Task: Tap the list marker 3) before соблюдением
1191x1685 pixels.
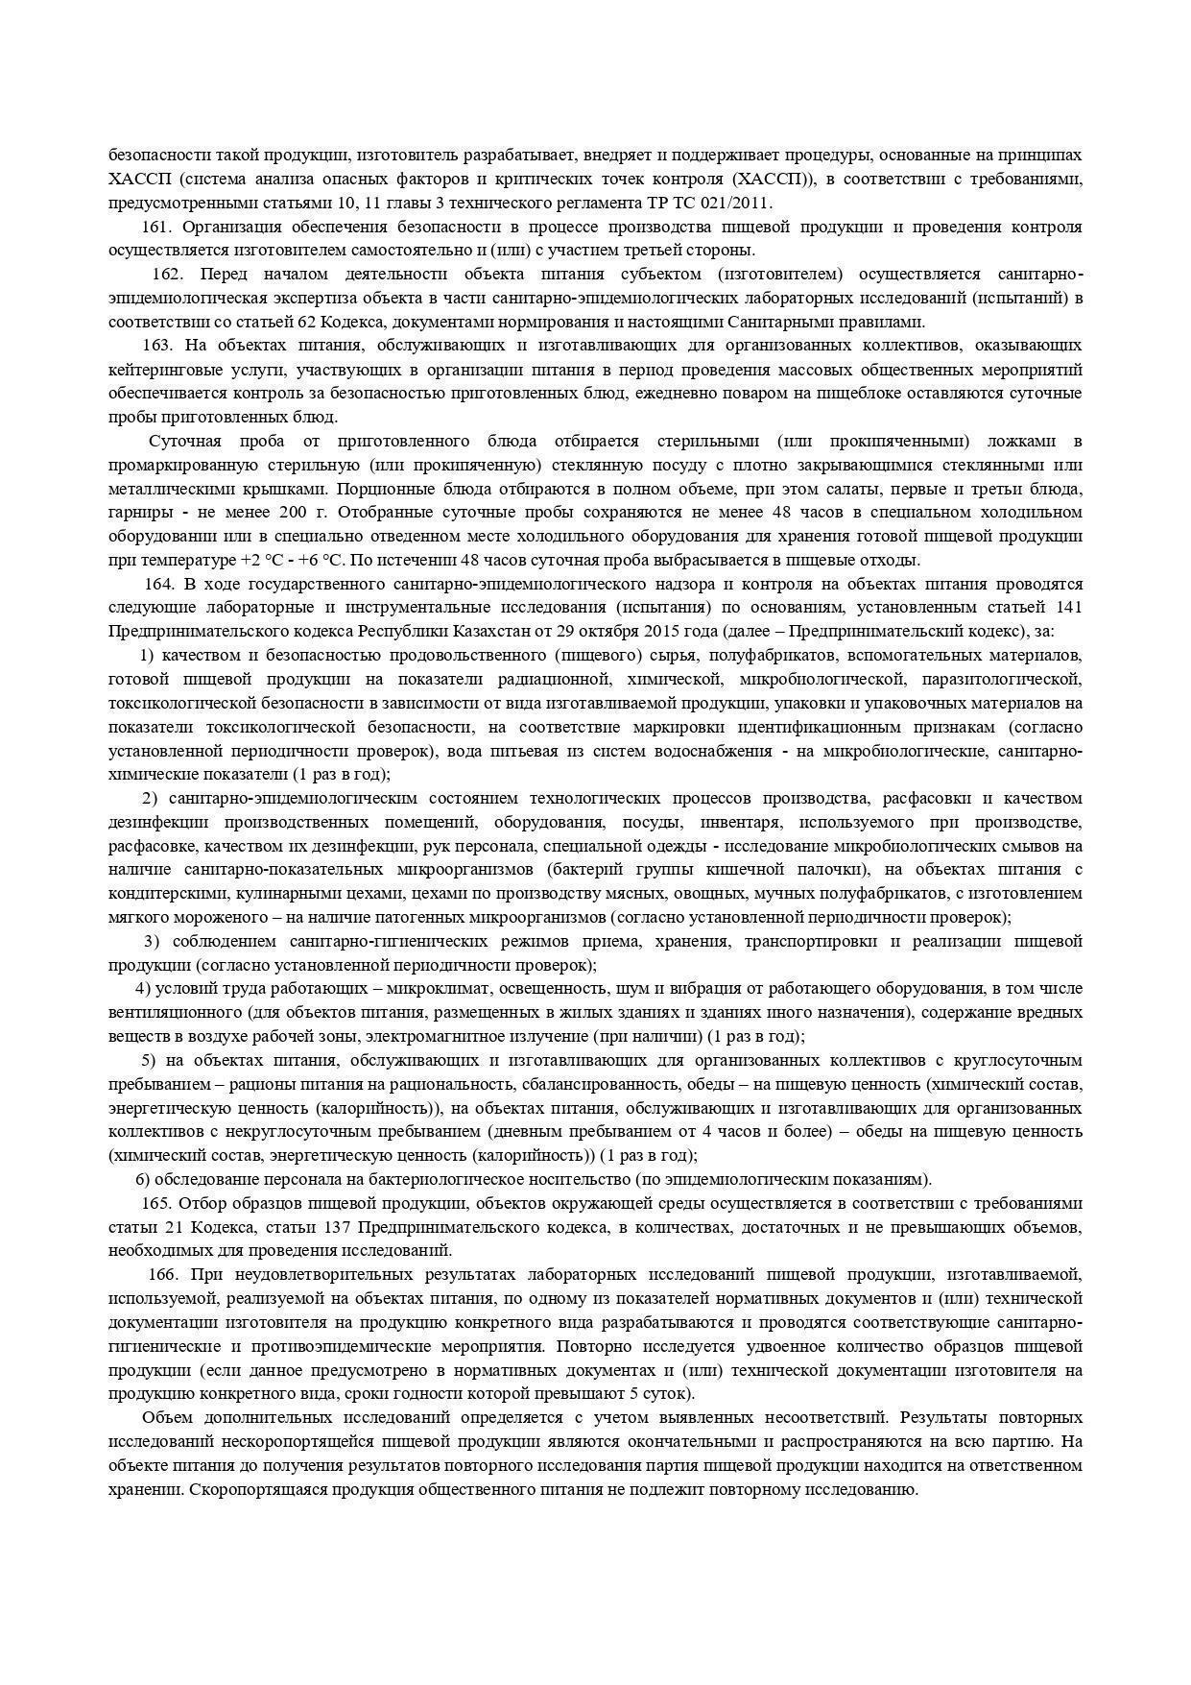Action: (151, 941)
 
